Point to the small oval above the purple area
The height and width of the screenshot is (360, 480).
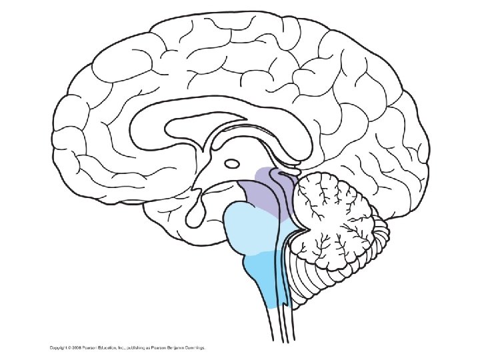tap(233, 163)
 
